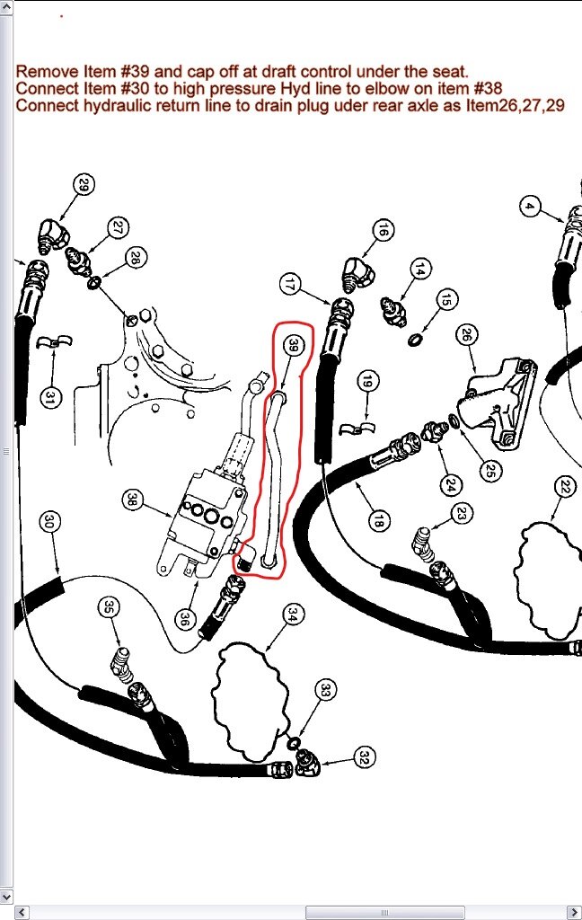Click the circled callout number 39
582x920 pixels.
(x=293, y=346)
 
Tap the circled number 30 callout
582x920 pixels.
(x=49, y=521)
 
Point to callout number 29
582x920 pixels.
(x=84, y=185)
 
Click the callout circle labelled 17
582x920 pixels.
(x=290, y=285)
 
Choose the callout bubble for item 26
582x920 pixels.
(x=466, y=335)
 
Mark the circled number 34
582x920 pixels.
(x=293, y=615)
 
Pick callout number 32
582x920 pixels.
(x=365, y=757)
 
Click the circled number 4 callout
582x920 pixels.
(x=530, y=207)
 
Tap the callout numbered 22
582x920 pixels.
(x=565, y=487)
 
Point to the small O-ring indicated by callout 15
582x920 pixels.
(x=415, y=339)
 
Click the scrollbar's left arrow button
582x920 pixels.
(x=22, y=913)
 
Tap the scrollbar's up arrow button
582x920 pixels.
(x=6, y=7)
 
